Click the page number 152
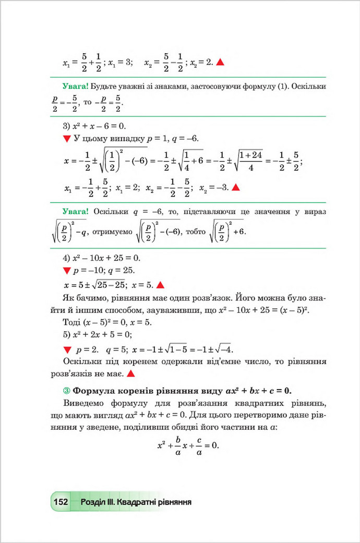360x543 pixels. click(x=61, y=502)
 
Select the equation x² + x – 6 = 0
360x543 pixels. click(x=97, y=126)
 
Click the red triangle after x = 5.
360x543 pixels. click(x=160, y=285)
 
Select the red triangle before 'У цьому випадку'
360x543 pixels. click(x=66, y=139)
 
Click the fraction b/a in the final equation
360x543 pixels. click(x=177, y=447)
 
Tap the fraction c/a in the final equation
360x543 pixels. click(x=199, y=447)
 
